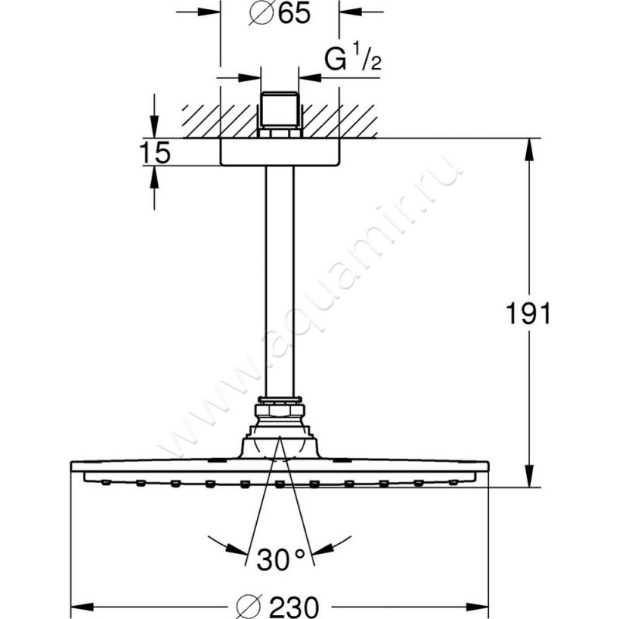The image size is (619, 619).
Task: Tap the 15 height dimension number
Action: (156, 153)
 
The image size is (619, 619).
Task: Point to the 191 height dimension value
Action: (528, 314)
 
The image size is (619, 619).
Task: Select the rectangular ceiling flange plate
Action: (279, 152)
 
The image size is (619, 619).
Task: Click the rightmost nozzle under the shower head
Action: (452, 483)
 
